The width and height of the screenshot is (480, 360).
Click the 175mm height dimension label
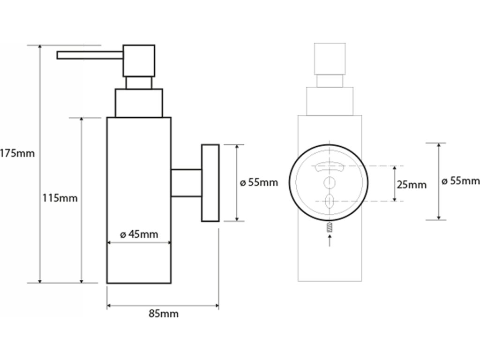coord(17,153)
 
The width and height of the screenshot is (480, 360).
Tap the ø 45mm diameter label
coord(139,234)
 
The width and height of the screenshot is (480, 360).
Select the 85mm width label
coord(164,314)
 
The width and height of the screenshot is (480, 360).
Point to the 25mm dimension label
coord(412,185)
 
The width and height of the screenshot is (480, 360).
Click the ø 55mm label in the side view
coord(259,182)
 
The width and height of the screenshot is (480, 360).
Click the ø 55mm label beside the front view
coord(461,181)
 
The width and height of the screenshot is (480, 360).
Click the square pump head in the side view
coord(138,60)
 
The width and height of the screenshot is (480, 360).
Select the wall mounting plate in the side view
coord(210,182)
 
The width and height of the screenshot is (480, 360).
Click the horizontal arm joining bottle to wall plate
coord(186,182)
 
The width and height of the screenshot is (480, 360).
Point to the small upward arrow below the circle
coord(329,240)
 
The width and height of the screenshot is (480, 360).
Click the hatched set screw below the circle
coord(329,228)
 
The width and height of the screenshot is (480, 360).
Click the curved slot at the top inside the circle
coord(329,165)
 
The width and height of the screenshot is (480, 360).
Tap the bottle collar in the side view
coord(139,103)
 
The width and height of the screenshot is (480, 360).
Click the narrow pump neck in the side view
coord(139,82)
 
